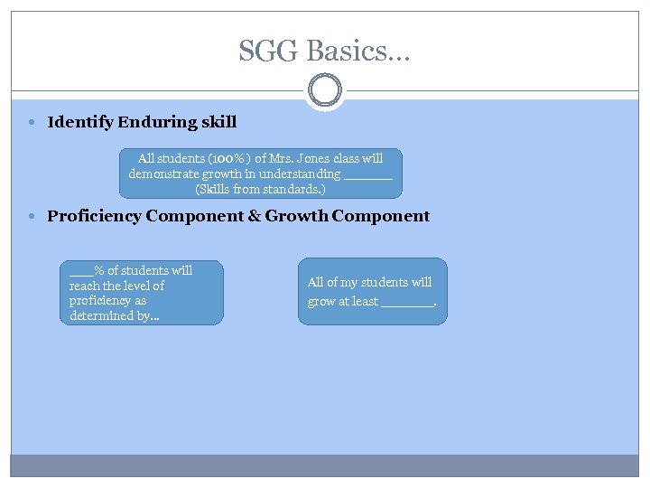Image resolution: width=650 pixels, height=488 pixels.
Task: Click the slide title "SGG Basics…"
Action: click(x=324, y=51)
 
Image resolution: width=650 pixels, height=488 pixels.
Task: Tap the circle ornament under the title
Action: click(x=324, y=91)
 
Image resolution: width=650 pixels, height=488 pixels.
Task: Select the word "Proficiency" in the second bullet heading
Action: click(x=95, y=216)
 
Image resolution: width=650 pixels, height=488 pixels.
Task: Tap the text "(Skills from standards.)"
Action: click(x=260, y=190)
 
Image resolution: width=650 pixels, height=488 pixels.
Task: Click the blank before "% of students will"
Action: click(x=81, y=271)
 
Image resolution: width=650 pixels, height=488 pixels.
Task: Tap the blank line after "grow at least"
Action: click(x=408, y=303)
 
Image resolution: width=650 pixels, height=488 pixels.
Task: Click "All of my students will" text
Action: click(x=369, y=282)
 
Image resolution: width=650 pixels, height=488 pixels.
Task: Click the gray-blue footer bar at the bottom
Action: click(x=324, y=465)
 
